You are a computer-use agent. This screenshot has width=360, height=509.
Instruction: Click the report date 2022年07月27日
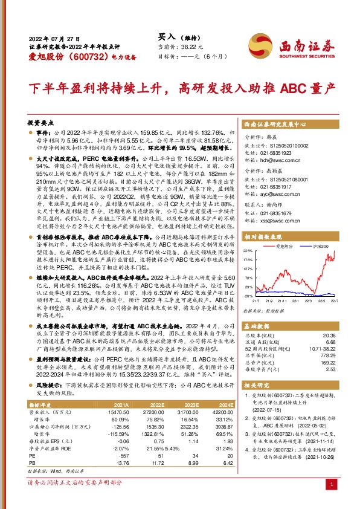[x=50, y=37]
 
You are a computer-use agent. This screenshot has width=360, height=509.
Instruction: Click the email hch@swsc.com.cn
[x=275, y=161]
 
